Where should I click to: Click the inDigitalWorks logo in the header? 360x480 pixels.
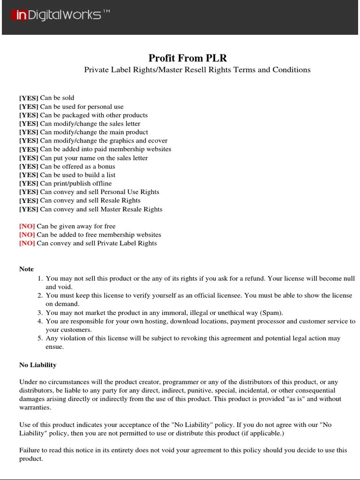point(56,15)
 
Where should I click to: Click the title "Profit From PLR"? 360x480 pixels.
point(187,58)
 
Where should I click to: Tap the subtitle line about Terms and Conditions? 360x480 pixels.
point(197,70)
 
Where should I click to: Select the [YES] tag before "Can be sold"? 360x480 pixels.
point(29,98)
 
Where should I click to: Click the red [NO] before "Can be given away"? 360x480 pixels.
point(27,226)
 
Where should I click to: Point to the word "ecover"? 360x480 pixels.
point(157,141)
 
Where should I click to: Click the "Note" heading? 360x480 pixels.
point(26,269)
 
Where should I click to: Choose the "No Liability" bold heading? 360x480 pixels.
point(37,365)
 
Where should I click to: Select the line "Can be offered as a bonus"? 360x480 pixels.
point(77,166)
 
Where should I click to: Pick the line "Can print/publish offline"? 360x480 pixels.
point(76,183)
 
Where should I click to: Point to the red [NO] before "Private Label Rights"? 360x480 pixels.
point(27,243)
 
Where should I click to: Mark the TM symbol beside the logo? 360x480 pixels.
point(106,12)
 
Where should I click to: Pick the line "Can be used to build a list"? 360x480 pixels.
point(78,175)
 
